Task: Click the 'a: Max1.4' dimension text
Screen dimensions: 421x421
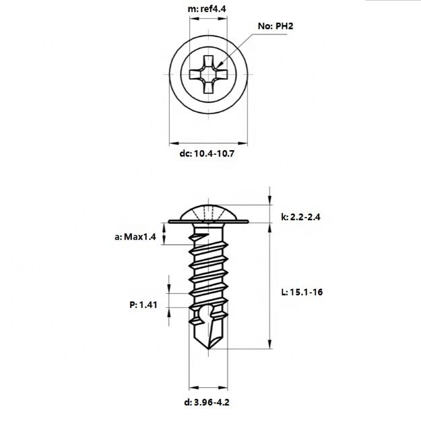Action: (135, 237)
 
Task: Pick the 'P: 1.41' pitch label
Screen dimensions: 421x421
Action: (143, 304)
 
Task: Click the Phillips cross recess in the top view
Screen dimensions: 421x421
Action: (208, 73)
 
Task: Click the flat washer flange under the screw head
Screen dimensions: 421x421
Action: (208, 221)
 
